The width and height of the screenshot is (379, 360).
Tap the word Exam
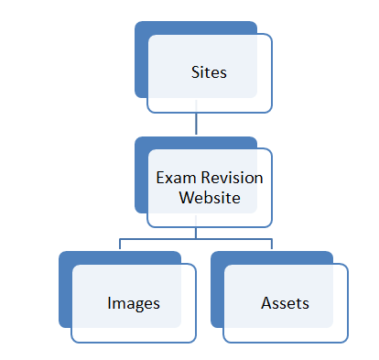click(174, 180)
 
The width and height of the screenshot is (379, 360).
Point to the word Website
click(210, 198)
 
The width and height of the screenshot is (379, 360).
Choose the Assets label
click(284, 301)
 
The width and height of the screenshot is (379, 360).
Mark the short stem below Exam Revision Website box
click(196, 231)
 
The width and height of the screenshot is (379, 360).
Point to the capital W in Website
click(186, 198)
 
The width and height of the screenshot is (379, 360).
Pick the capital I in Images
click(109, 301)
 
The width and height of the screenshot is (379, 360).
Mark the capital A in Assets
click(265, 301)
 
